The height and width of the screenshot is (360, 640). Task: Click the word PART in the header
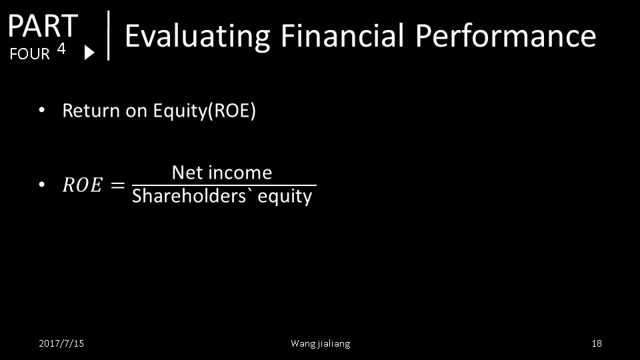tap(43, 26)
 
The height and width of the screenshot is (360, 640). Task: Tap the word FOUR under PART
tap(29, 54)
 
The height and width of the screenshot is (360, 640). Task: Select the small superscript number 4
tap(61, 49)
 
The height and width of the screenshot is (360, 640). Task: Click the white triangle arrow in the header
tap(89, 52)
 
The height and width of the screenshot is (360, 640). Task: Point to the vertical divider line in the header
tap(108, 35)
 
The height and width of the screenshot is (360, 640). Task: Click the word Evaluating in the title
tap(197, 36)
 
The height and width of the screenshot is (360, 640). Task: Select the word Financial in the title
tap(342, 35)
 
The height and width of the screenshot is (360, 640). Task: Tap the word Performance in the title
tap(506, 35)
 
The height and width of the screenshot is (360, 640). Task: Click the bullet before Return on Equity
tap(41, 110)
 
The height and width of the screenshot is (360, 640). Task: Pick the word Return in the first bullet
tap(91, 111)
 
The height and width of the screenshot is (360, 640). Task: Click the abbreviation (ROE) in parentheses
tap(232, 111)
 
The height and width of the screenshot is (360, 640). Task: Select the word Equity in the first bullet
tap(180, 111)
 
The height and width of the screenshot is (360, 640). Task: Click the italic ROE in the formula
tap(82, 185)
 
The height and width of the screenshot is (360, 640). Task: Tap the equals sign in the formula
tap(117, 185)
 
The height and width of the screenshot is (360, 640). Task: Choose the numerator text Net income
tap(221, 173)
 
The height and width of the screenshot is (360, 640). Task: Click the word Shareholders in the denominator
tap(189, 196)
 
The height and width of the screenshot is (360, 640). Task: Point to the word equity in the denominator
tap(285, 197)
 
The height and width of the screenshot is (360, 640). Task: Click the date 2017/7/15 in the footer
tap(61, 343)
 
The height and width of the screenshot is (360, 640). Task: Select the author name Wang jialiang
tap(321, 344)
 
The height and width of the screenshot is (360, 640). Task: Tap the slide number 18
tap(597, 343)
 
